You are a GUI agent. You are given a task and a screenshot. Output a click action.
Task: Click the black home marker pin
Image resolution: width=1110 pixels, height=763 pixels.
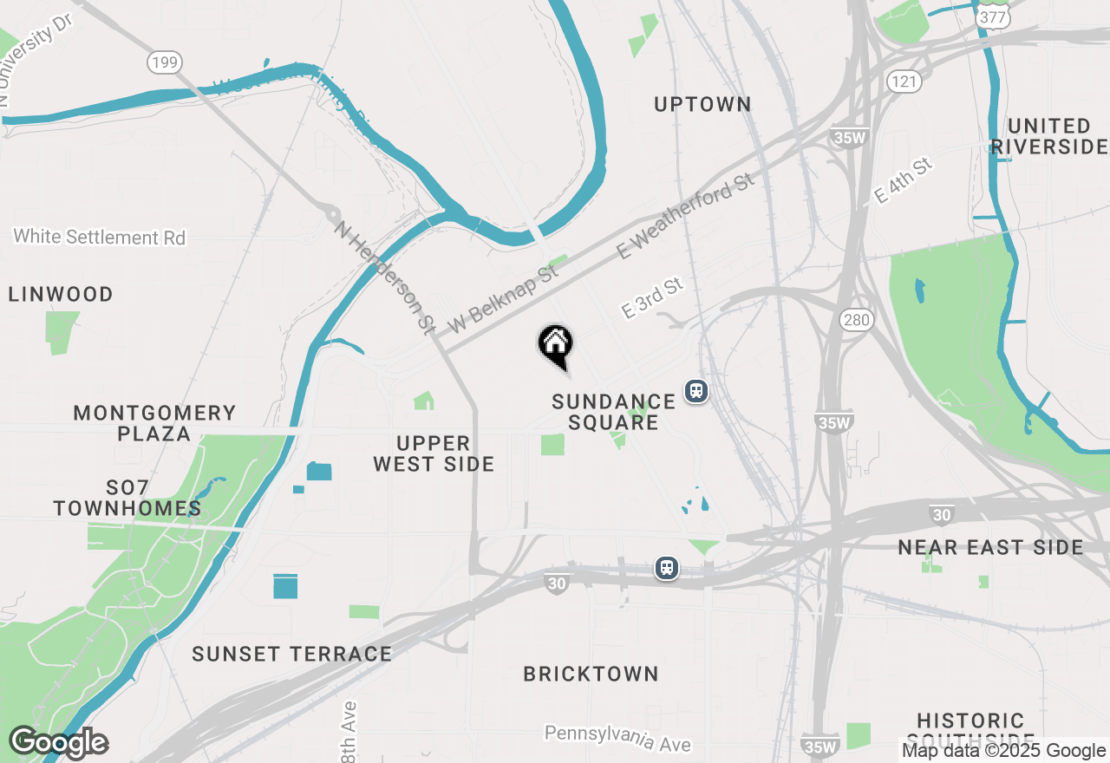click(556, 344)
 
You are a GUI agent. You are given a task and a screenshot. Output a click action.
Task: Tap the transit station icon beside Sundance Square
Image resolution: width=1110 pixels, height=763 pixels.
click(695, 391)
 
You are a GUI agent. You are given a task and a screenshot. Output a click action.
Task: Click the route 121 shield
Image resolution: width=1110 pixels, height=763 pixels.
click(903, 82)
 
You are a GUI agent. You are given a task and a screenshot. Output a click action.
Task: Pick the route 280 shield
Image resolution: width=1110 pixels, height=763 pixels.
click(856, 321)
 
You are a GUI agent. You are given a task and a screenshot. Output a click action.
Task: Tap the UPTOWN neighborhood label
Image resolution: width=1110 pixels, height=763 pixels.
click(702, 105)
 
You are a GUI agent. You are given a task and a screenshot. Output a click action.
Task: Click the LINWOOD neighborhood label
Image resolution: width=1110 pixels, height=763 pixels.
click(61, 295)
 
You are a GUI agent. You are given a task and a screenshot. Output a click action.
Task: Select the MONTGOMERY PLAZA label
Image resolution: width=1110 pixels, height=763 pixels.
click(154, 423)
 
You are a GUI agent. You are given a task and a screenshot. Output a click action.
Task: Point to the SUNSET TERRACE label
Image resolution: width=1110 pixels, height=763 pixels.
click(292, 654)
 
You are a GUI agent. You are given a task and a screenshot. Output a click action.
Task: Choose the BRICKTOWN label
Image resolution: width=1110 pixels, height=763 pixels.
click(591, 674)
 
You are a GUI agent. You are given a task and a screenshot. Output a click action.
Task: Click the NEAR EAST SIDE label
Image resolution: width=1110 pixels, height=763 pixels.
click(990, 548)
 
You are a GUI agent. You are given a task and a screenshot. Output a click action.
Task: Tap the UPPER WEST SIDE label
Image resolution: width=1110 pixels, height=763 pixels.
click(434, 453)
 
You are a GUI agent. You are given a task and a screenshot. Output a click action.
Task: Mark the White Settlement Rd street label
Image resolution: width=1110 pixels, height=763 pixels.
click(100, 237)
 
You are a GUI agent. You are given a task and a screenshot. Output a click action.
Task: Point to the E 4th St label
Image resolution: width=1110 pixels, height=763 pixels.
click(903, 180)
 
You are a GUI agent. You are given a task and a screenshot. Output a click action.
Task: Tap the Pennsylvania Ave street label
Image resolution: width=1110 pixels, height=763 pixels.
click(617, 738)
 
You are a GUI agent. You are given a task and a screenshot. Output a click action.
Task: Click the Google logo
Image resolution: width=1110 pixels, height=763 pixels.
click(59, 742)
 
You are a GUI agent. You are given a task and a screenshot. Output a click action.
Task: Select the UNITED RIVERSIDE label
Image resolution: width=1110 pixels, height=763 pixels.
click(1049, 136)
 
